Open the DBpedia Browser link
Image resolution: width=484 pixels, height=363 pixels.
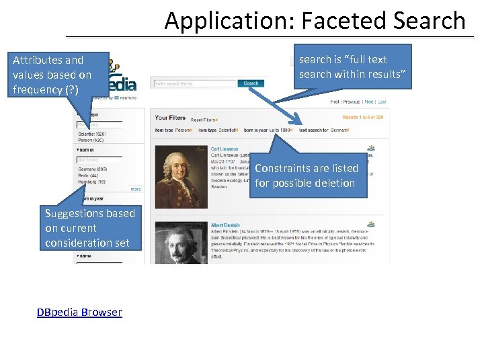(x=79, y=312)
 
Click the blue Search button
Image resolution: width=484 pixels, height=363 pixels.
(x=251, y=83)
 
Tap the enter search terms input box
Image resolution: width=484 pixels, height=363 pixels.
(x=195, y=83)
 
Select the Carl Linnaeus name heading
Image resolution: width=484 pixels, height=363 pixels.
(x=225, y=149)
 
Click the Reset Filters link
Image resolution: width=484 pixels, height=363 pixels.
(x=204, y=118)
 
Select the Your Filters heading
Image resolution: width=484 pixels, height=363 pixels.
(x=171, y=118)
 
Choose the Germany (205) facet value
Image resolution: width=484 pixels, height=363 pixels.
(x=92, y=169)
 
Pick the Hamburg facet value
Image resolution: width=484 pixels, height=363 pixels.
(x=91, y=182)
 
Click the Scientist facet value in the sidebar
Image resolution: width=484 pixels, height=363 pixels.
(x=91, y=134)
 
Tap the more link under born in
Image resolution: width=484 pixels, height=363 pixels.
(x=136, y=189)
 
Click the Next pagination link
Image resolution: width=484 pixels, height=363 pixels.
(x=369, y=102)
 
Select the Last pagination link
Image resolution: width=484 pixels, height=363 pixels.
(x=382, y=102)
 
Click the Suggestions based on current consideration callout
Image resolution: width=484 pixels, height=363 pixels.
(x=89, y=228)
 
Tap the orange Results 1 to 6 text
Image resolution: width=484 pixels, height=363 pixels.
(x=363, y=118)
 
